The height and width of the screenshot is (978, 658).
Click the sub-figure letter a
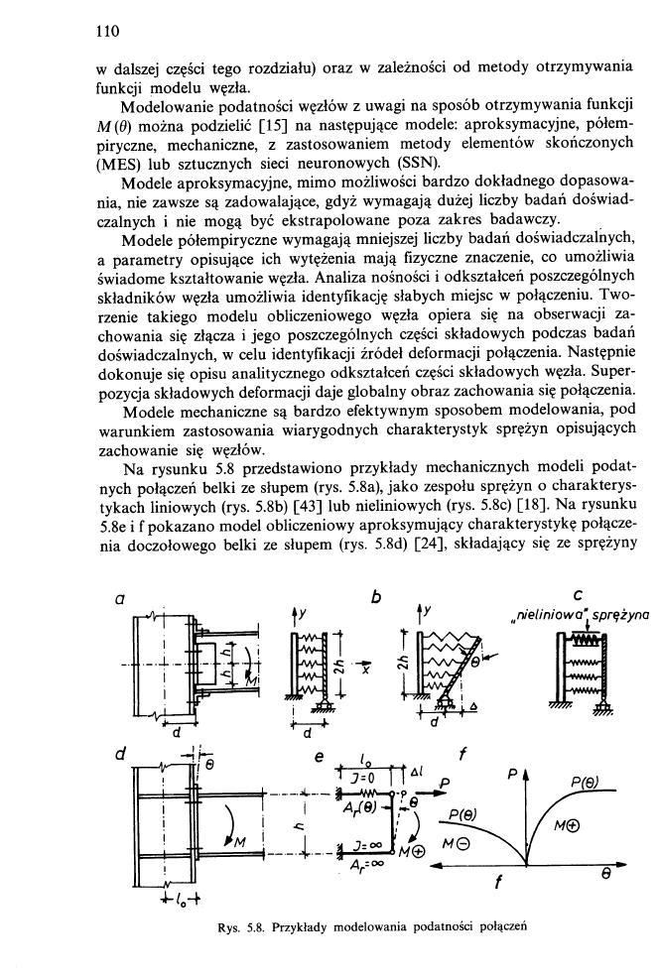119,600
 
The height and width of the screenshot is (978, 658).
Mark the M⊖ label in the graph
465,842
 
